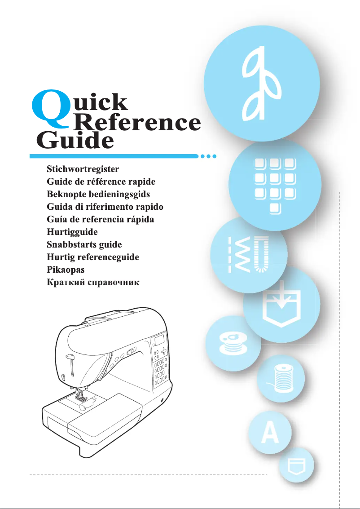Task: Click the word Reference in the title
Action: (x=136, y=123)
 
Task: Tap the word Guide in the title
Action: (x=75, y=141)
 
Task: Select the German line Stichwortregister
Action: (x=83, y=170)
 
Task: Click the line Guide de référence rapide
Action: (x=101, y=182)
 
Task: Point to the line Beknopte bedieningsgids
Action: (x=98, y=195)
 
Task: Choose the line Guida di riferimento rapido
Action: (x=105, y=208)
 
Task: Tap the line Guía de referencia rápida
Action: (x=101, y=220)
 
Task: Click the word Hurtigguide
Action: (x=72, y=233)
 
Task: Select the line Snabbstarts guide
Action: (x=84, y=245)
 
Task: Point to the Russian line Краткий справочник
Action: (x=93, y=283)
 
